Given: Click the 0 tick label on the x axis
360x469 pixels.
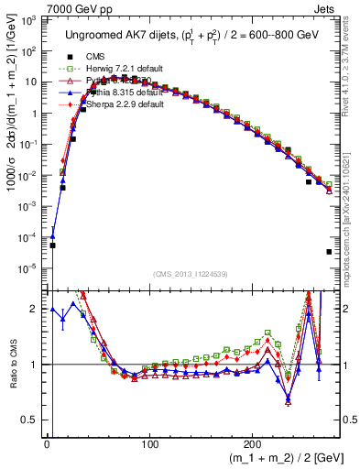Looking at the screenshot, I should point(47,444).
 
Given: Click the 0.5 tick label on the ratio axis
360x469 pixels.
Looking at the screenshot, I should point(31,420).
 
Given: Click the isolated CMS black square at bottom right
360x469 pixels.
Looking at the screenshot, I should point(328,252).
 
